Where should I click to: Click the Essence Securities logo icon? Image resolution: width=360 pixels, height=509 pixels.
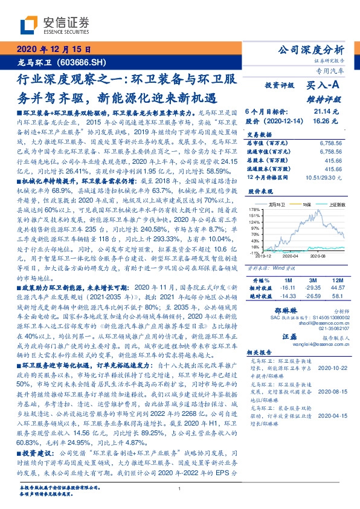tap(29, 25)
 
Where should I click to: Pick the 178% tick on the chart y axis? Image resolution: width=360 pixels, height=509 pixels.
tap(254, 207)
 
